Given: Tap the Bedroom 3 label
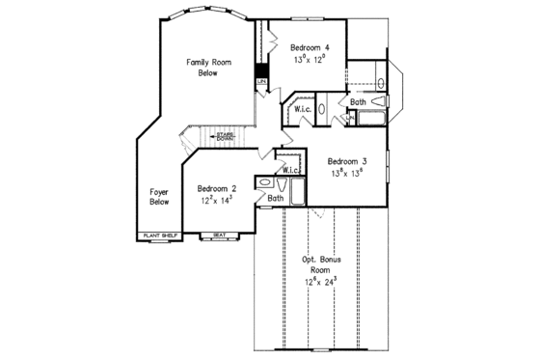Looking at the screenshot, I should pyautogui.click(x=347, y=161).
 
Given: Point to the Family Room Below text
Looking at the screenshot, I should pyautogui.click(x=208, y=67).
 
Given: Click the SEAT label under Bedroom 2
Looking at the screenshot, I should pyautogui.click(x=220, y=235).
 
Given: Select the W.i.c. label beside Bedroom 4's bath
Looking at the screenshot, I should pyautogui.click(x=301, y=110).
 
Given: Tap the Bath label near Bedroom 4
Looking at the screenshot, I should pyautogui.click(x=358, y=101).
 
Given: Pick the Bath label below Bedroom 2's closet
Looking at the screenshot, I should pyautogui.click(x=276, y=198).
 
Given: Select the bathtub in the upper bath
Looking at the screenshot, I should pyautogui.click(x=368, y=119).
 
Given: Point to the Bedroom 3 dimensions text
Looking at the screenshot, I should pyautogui.click(x=347, y=175).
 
